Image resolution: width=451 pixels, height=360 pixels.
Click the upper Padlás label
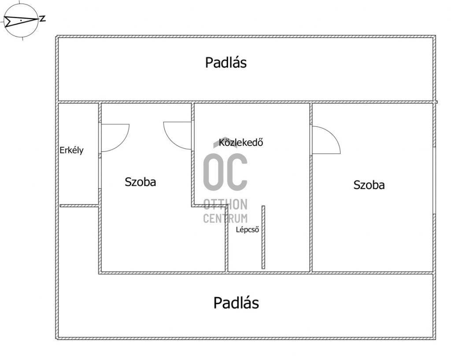226,62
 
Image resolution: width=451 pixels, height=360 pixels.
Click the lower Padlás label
236,303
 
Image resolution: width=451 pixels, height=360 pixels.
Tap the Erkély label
72,150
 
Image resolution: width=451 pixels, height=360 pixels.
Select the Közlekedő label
241,142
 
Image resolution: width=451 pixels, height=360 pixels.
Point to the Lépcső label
248,230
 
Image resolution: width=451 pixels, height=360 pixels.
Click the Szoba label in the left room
140,182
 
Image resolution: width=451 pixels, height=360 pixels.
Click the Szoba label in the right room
369,185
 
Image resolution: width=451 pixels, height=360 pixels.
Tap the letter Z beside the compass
43,19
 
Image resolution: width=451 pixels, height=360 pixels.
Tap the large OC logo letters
225,171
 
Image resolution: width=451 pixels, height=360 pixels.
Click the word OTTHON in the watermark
225,204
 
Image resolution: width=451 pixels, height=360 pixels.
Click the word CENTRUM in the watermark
225,218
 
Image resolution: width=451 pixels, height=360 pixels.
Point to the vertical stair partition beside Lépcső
263,237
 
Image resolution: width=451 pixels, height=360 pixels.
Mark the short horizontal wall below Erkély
79,206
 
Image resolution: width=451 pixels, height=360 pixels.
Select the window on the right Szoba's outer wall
434,180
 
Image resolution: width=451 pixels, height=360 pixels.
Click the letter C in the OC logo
237,171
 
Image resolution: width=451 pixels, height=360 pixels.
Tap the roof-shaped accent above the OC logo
225,142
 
